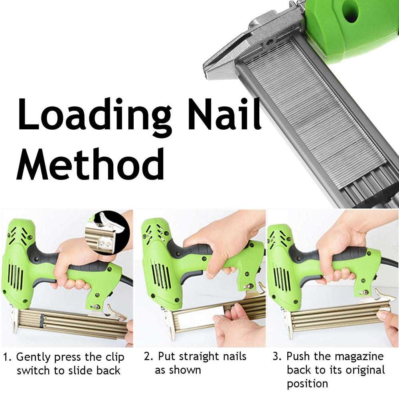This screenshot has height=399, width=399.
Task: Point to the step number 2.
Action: pyautogui.click(x=148, y=356)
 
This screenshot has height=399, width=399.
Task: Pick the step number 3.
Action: pyautogui.click(x=276, y=356)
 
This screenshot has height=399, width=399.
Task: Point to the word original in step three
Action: pyautogui.click(x=364, y=370)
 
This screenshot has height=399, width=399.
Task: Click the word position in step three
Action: pyautogui.click(x=307, y=384)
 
